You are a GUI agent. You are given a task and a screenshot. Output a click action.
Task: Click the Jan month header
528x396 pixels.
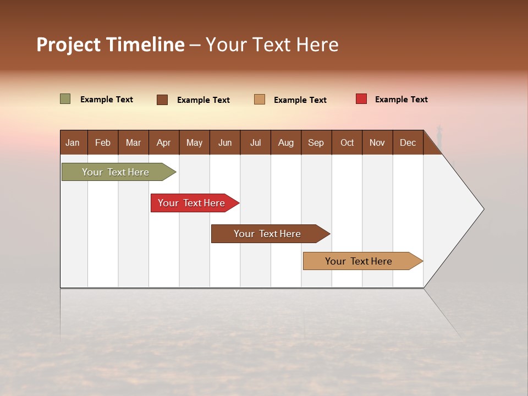pos(73,142)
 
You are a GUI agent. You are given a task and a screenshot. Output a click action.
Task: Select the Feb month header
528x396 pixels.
pos(103,142)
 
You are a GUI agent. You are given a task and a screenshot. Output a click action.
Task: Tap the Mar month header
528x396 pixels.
pos(133,142)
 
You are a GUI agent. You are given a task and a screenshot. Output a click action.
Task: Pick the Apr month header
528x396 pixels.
pos(164,142)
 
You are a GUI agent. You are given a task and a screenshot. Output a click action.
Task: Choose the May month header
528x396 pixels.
pos(194,142)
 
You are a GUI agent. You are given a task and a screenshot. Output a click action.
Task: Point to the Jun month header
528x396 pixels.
pos(225,142)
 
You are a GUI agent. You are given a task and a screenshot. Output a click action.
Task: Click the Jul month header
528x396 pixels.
pos(255,142)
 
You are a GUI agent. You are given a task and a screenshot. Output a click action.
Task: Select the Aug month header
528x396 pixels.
pos(286,142)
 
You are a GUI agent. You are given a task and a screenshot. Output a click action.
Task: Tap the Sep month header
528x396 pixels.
pos(316,142)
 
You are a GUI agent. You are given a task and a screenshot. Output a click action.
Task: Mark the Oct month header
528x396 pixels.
pos(347,142)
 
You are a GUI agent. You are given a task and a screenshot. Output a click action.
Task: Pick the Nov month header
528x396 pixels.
pos(377,142)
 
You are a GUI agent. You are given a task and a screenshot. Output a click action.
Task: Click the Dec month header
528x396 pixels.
pos(408,142)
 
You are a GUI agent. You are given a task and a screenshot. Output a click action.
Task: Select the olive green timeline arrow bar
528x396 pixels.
pos(116,172)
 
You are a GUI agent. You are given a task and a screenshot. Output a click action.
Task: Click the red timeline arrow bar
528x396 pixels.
pos(192,203)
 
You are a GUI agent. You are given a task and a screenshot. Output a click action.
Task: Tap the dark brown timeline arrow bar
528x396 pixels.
pos(268,234)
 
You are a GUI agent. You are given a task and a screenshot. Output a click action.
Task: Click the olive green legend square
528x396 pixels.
pos(65,99)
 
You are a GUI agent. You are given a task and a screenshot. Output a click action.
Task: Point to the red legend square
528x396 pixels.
pos(361,99)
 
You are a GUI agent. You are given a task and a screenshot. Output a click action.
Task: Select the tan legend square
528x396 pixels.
pos(260,99)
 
